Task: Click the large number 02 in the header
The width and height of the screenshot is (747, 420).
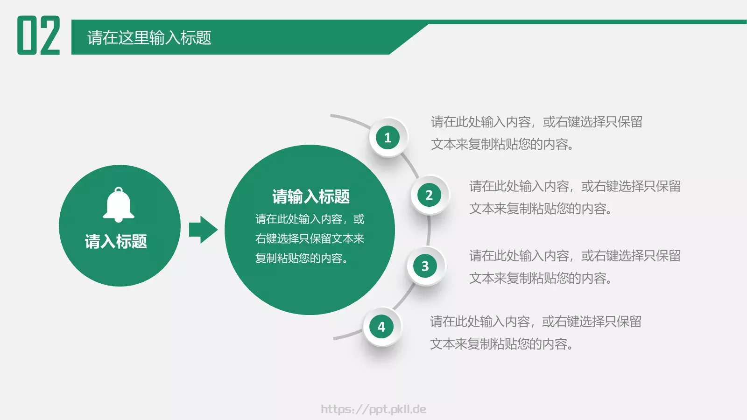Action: [x=39, y=35]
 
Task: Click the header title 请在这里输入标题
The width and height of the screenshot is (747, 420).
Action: [x=149, y=38]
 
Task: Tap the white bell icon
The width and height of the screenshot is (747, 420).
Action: [x=119, y=205]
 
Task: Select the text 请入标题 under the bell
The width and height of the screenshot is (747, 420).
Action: [x=116, y=241]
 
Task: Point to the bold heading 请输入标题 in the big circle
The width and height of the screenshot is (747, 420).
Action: [x=311, y=196]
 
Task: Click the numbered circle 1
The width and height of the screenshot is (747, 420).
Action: [x=388, y=138]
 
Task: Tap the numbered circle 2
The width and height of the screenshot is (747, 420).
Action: [x=429, y=195]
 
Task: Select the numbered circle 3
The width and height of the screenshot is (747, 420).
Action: [x=425, y=266]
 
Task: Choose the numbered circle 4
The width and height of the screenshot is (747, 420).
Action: [x=381, y=327]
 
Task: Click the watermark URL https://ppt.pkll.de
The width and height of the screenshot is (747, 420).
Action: [x=373, y=409]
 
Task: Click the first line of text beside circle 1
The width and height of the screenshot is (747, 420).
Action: [x=536, y=122]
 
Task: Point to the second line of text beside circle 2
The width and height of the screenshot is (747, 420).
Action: [x=540, y=209]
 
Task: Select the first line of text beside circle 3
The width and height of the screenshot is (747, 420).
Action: [x=575, y=256]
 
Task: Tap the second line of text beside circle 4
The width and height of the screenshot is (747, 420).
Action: [x=501, y=344]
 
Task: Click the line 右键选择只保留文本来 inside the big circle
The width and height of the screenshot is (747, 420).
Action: [x=310, y=238]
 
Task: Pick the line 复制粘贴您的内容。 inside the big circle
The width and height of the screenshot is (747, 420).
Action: [x=302, y=258]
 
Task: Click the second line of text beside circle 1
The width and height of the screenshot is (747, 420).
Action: [x=502, y=144]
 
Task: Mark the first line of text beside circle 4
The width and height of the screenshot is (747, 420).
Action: [x=536, y=322]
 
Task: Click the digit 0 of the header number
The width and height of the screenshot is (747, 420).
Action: [x=27, y=35]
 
